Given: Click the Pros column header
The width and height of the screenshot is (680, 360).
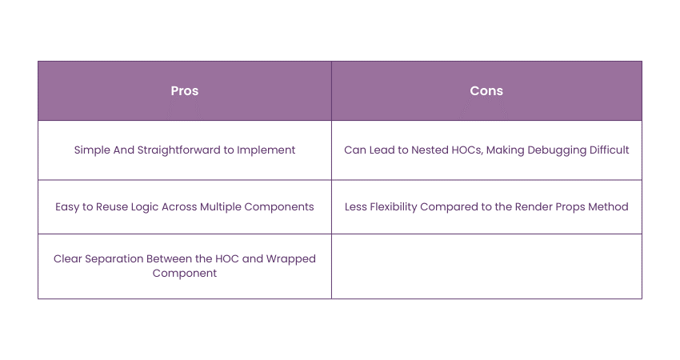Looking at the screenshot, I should [185, 91].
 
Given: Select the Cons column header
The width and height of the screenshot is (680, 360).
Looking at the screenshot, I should [486, 91].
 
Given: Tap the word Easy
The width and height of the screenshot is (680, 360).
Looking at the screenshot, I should [69, 206].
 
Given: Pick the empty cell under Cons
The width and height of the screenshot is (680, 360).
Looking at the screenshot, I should [486, 266].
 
